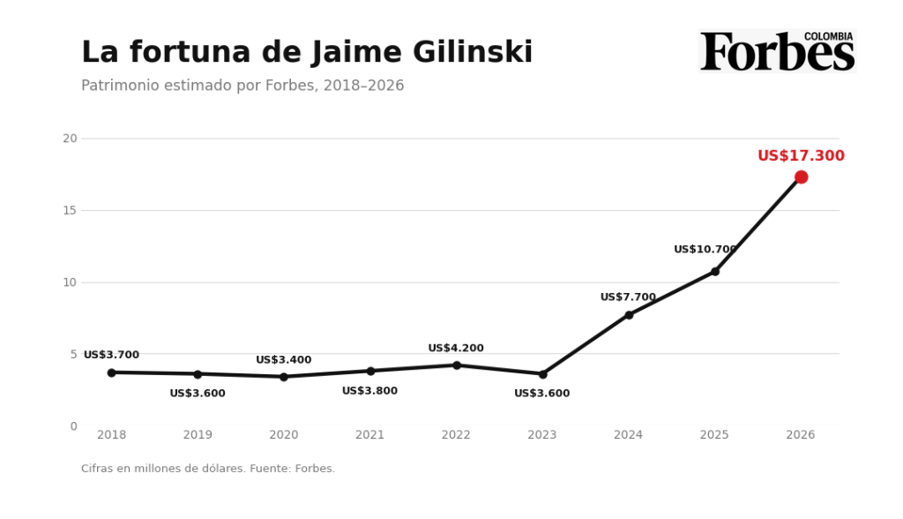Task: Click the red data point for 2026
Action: coord(801,177)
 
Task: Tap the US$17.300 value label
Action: coord(801,155)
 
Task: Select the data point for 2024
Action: coord(629,315)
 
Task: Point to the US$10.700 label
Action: coord(705,249)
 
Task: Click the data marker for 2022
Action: coord(457,365)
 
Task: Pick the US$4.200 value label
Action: coord(456,349)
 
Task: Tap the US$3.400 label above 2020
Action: coord(284,360)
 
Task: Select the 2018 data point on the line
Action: coord(112,372)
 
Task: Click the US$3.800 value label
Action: coord(369,391)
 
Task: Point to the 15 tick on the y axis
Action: coord(70,210)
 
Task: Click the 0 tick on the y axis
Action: coord(74,426)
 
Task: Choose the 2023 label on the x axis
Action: coord(542,435)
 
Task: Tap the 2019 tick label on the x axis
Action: coord(198,435)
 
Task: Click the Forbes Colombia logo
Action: coord(778,50)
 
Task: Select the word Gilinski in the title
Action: coord(473,52)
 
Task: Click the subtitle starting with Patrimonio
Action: coord(243,86)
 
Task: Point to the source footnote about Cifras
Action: coord(208,469)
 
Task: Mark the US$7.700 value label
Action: coord(628,297)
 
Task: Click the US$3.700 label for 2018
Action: coord(112,355)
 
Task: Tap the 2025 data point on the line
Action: coord(714,272)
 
